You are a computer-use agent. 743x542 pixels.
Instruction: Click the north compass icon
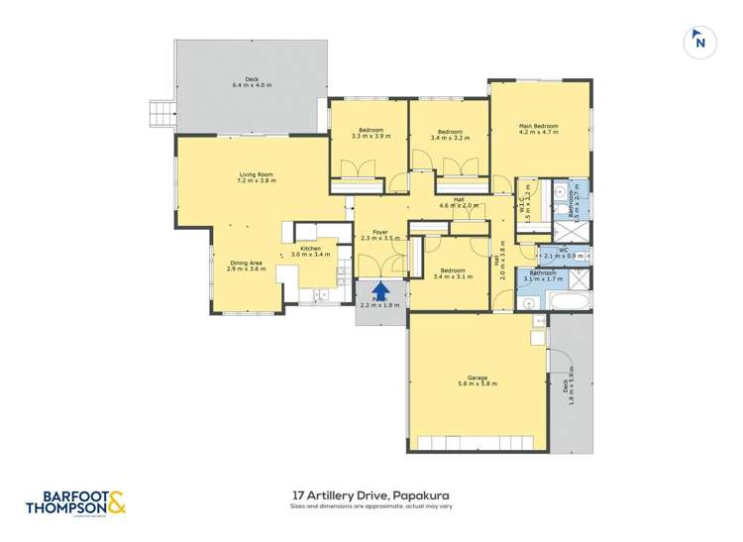click(699, 42)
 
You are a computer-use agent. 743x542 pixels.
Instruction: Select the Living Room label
click(255, 176)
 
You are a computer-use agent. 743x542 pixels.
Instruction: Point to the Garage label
click(478, 378)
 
